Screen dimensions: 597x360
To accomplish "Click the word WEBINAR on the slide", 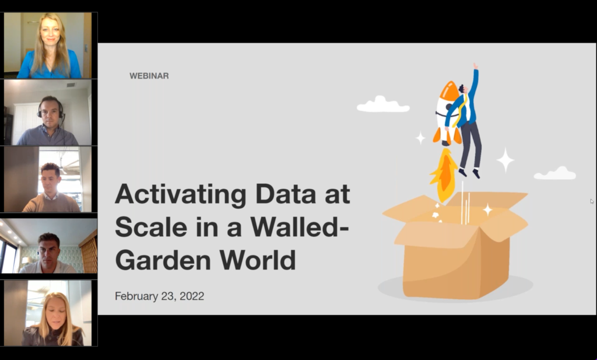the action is pyautogui.click(x=149, y=76).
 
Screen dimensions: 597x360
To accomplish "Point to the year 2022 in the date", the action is pyautogui.click(x=192, y=296).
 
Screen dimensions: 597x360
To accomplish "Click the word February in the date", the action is pyautogui.click(x=135, y=296).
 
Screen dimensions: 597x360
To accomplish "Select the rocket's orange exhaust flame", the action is pyautogui.click(x=444, y=174).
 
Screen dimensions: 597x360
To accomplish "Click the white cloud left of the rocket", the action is pyautogui.click(x=383, y=104).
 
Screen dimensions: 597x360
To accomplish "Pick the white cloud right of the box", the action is pyautogui.click(x=555, y=173).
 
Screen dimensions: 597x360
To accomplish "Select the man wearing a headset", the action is pyautogui.click(x=49, y=121).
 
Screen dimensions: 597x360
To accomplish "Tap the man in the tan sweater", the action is pyautogui.click(x=51, y=188).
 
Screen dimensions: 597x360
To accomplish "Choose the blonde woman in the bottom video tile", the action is pyautogui.click(x=52, y=319).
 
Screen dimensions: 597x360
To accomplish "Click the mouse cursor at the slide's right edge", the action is pyautogui.click(x=592, y=201).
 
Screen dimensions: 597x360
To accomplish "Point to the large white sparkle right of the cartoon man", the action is pyautogui.click(x=505, y=160).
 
